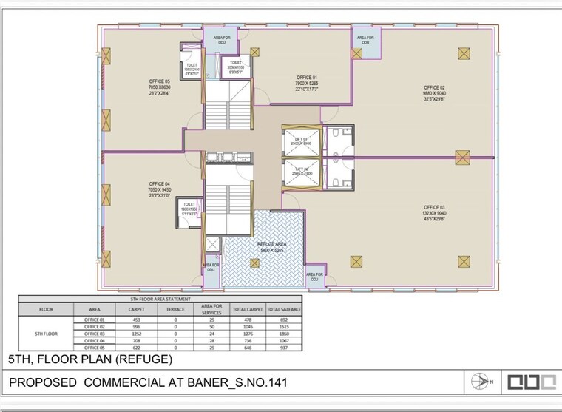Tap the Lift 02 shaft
301,172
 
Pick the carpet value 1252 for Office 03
136,334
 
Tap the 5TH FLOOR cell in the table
46,334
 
